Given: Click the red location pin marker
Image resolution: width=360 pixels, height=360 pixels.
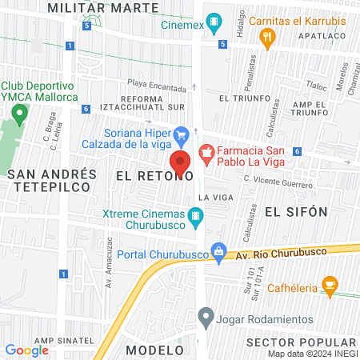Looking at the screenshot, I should point(181,162).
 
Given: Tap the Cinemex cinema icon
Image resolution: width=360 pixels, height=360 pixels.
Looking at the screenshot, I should point(214,22).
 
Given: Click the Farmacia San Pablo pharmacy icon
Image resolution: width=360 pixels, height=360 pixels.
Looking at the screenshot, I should point(206,151).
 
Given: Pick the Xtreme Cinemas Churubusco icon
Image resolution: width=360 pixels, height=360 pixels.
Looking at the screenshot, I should point(195,215).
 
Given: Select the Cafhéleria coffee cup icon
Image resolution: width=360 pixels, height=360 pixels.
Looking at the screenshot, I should point(329,286).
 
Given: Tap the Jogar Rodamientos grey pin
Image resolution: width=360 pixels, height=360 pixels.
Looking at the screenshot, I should point(206,316).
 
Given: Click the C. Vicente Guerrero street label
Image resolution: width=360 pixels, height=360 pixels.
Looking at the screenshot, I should point(278,183).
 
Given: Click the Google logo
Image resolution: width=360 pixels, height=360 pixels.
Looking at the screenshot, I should point(26,350).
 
